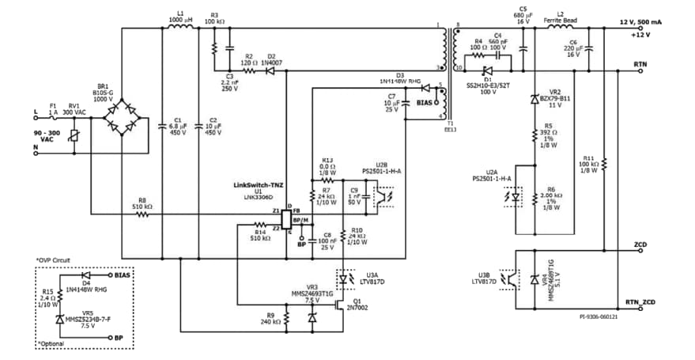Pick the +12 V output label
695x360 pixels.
pyautogui.click(x=641, y=36)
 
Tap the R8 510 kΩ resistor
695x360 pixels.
pyautogui.click(x=142, y=214)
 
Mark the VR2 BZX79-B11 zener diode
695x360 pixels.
pyautogui.click(x=538, y=100)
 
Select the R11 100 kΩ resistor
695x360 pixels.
pyautogui.click(x=603, y=164)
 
